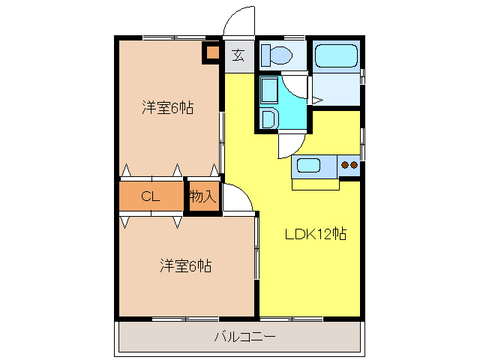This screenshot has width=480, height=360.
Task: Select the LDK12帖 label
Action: click(314, 234)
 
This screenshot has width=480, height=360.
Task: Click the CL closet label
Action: click(151, 197)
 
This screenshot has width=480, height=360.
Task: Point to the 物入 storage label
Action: click(202, 197)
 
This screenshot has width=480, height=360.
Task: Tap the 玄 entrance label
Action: click(238, 55)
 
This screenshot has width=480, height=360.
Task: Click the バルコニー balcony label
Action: click(244, 337)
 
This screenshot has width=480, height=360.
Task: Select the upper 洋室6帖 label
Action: click(169, 108)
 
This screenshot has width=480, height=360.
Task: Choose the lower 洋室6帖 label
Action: click(184, 265)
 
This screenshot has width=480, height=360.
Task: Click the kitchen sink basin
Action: click(309, 166)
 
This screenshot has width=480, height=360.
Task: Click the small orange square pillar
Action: click(211, 52)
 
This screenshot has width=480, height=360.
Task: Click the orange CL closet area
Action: click(151, 197)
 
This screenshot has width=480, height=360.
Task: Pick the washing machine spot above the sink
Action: click(269, 90)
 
